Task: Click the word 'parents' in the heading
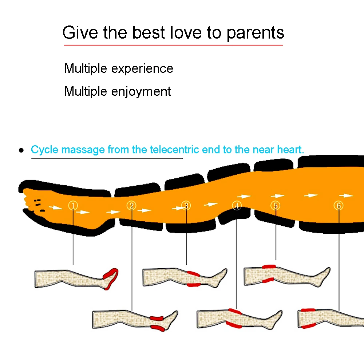pyautogui.click(x=255, y=33)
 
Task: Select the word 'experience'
pyautogui.click(x=142, y=68)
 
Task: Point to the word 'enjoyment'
pyautogui.click(x=141, y=91)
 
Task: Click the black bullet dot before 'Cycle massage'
pyautogui.click(x=21, y=150)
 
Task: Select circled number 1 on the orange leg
pyautogui.click(x=73, y=206)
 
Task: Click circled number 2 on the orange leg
pyautogui.click(x=131, y=206)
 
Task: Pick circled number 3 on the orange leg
pyautogui.click(x=186, y=206)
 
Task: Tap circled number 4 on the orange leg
pyautogui.click(x=237, y=206)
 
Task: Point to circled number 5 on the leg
pyautogui.click(x=276, y=206)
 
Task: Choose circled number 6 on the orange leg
pyautogui.click(x=339, y=206)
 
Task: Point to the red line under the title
pyautogui.click(x=173, y=45)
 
